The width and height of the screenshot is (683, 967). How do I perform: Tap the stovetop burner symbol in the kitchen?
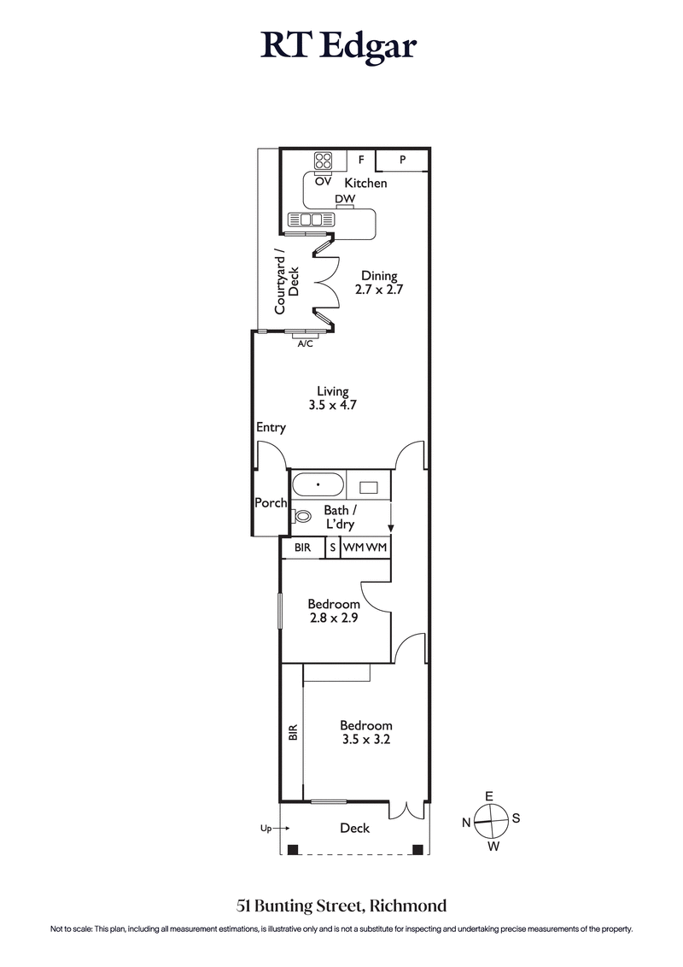coord(324,162)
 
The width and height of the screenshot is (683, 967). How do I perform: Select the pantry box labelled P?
coord(401,160)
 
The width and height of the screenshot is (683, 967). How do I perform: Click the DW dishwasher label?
coord(345,199)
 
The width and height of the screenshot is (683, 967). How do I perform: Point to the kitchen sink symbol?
coord(310,220)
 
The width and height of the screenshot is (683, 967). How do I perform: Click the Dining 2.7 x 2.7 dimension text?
coord(378,283)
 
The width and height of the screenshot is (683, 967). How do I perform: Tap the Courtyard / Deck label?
coord(285,281)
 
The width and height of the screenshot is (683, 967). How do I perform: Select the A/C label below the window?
coord(305,343)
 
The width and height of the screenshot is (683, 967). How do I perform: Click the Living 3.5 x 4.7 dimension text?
coord(331,399)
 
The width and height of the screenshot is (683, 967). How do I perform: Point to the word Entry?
coord(271,427)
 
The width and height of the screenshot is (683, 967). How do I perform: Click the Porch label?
coord(271,503)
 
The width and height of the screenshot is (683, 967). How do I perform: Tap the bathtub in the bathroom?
coord(318,486)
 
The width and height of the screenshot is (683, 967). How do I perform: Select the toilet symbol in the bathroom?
coord(301,516)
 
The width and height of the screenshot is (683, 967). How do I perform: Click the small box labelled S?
coord(333,548)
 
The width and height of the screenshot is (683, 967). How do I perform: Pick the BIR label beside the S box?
coord(302,548)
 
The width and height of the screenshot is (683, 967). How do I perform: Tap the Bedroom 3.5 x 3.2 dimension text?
coord(365,733)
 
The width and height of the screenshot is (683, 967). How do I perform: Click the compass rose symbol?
coord(491,820)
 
